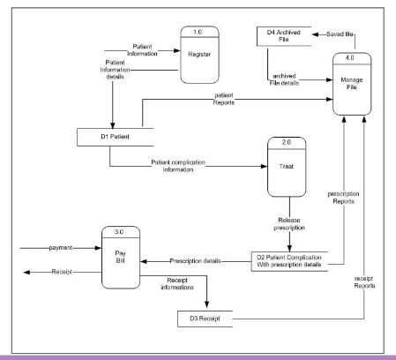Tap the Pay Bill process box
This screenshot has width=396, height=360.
(123, 261)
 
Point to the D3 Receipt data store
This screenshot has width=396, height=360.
(205, 317)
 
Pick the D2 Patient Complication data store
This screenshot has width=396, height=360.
(294, 262)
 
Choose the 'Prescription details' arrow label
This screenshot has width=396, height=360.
(196, 260)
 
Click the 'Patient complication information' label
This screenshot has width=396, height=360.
(189, 164)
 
